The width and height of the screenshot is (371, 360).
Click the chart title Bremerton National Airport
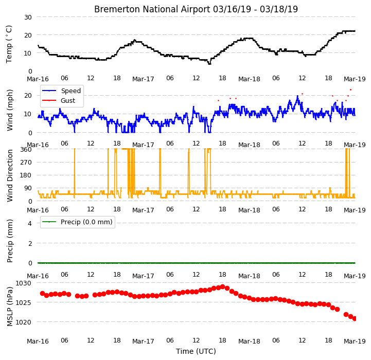click(152, 9)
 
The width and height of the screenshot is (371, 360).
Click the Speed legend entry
click(62, 91)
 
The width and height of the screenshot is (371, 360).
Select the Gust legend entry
click(59, 100)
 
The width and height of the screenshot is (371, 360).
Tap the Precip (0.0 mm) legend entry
click(77, 222)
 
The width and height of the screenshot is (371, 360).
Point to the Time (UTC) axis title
click(196, 351)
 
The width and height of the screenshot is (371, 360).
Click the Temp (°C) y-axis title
click(9, 44)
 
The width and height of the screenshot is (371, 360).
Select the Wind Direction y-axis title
click(10, 175)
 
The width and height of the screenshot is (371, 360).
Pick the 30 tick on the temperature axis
click(28, 17)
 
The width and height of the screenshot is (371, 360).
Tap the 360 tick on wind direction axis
click(26, 150)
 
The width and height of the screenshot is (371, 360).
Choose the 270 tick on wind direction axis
click(26, 163)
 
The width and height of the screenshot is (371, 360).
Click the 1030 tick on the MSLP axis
click(24, 283)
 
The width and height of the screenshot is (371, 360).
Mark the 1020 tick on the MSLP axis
click(24, 322)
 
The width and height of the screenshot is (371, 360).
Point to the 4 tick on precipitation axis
click(30, 223)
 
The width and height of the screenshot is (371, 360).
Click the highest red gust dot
click(350, 90)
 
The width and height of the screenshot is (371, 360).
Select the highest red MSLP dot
click(222, 287)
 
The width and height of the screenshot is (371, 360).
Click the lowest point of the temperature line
click(209, 64)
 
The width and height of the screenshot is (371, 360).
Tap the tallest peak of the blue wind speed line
click(297, 96)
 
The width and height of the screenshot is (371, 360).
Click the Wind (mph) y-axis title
click(10, 110)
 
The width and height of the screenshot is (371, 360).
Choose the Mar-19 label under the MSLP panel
click(355, 341)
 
